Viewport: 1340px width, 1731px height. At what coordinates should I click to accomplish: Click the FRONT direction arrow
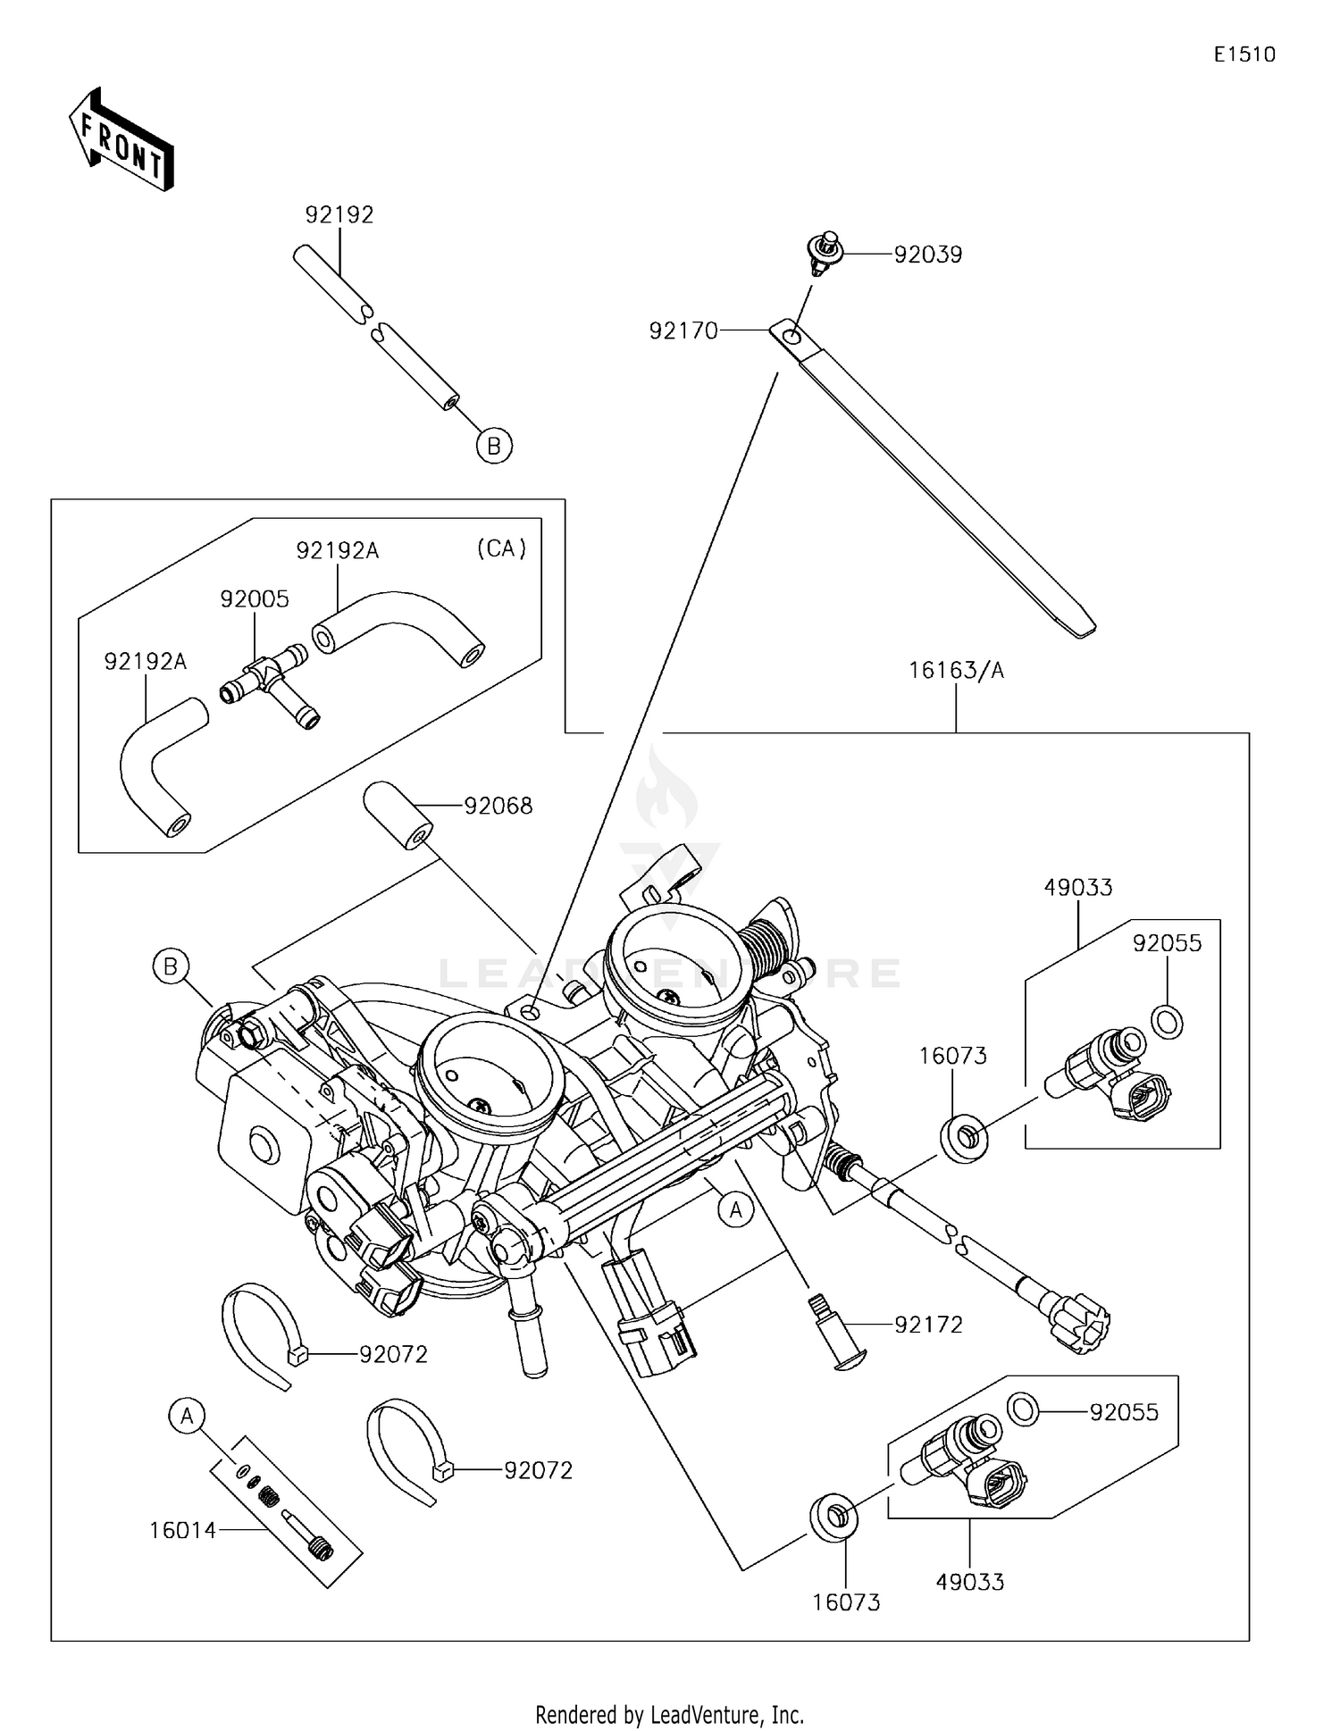click(x=121, y=140)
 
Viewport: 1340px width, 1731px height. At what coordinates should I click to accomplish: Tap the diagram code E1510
click(x=1244, y=54)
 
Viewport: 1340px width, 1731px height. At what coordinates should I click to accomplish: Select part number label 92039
click(x=927, y=255)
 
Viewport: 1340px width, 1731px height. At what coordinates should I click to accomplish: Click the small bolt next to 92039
click(x=824, y=250)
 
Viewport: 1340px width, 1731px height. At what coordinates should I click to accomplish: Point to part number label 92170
click(x=683, y=331)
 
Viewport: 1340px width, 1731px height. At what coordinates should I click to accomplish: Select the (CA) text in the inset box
click(x=501, y=548)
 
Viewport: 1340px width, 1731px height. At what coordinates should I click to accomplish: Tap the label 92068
click(x=498, y=807)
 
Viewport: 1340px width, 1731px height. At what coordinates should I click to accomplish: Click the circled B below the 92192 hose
click(x=494, y=445)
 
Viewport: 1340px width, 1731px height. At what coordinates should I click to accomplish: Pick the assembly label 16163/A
click(x=956, y=671)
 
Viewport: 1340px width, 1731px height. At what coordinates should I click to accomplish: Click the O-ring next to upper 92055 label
click(x=1167, y=1021)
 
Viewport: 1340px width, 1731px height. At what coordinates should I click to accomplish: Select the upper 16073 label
click(x=952, y=1056)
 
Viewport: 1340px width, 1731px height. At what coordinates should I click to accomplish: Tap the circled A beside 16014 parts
click(x=187, y=1416)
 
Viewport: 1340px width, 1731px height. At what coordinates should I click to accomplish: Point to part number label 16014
click(x=182, y=1531)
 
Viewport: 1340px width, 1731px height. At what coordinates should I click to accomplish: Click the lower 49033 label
click(x=969, y=1582)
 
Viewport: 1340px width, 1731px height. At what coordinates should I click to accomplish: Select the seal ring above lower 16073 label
click(x=833, y=1515)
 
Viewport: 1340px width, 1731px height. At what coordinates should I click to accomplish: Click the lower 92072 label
click(x=538, y=1470)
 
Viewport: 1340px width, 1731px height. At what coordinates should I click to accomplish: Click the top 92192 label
click(x=339, y=215)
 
